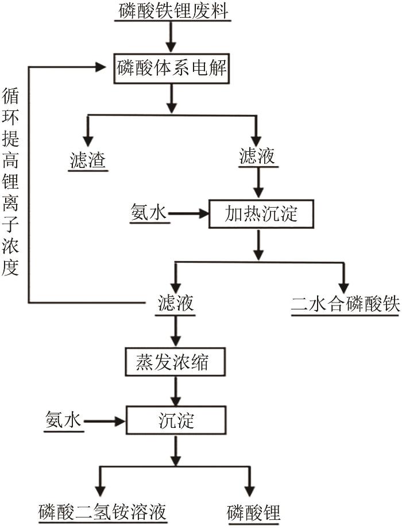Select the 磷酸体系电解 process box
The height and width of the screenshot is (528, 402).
[x=171, y=68]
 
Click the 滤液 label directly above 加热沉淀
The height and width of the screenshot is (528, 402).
[x=257, y=157]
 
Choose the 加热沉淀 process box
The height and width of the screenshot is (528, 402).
[x=261, y=214]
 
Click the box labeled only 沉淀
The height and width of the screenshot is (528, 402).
[x=175, y=420]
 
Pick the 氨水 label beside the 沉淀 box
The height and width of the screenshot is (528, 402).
[x=63, y=420]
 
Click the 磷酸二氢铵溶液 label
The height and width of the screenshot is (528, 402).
[x=102, y=510]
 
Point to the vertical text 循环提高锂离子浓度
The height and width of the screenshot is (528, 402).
[x=11, y=181]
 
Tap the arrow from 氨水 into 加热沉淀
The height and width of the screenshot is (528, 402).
[x=188, y=214]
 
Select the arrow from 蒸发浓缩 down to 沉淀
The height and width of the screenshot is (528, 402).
[x=175, y=392]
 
